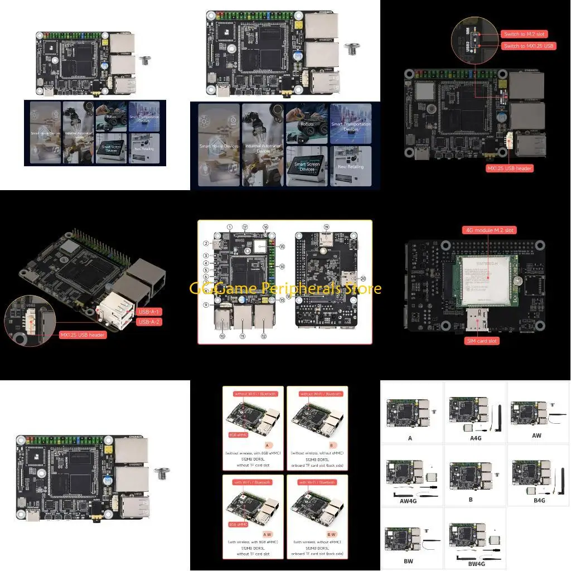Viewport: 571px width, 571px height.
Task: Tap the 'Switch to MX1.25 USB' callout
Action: [x=528, y=46]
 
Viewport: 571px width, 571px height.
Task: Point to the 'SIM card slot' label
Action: [x=483, y=340]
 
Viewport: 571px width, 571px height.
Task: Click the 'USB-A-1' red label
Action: [x=149, y=311]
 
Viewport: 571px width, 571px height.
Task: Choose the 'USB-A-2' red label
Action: [x=149, y=322]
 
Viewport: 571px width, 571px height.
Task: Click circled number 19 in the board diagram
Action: [x=327, y=228]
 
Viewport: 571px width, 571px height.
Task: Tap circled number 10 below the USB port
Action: [x=221, y=336]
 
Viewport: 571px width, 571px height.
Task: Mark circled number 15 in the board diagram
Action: [x=282, y=246]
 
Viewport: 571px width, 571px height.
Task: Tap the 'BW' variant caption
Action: [x=409, y=560]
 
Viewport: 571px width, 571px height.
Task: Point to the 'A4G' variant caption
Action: [x=475, y=438]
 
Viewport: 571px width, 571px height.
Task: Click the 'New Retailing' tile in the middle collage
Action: [x=350, y=166]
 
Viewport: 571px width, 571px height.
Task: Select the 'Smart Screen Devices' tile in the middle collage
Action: [x=307, y=166]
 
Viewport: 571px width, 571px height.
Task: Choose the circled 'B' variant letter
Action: [x=331, y=446]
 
